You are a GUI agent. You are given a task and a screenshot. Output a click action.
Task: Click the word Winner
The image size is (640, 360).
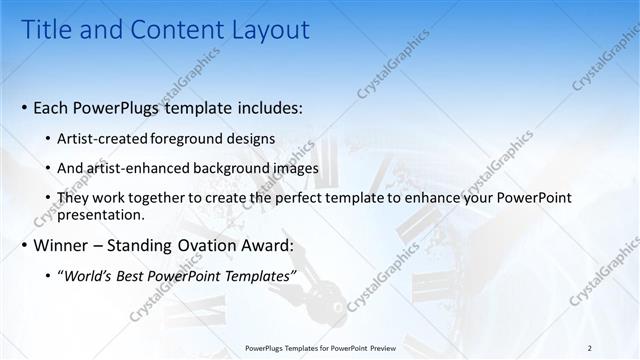[x=64, y=245]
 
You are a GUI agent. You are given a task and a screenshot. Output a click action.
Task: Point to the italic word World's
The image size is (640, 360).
[x=89, y=276]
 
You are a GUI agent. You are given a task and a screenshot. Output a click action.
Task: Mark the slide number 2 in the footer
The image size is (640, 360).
[x=590, y=348]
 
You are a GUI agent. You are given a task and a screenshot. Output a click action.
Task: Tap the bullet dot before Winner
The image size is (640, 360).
[x=23, y=245]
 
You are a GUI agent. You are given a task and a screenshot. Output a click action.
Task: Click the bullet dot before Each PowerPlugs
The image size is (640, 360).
[x=23, y=106]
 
